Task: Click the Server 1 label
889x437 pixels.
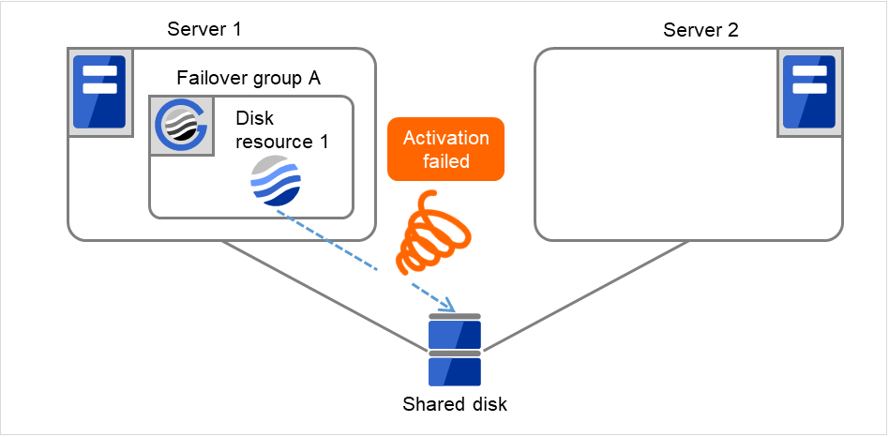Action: [x=204, y=29]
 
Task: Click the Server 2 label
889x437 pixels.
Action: [x=701, y=29]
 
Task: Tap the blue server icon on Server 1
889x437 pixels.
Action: [x=99, y=91]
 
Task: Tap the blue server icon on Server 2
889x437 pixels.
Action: [x=808, y=91]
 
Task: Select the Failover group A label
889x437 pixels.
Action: [x=249, y=78]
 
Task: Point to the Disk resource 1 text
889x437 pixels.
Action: [x=277, y=130]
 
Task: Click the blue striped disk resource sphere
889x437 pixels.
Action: [x=277, y=180]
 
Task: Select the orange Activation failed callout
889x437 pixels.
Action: [x=445, y=149]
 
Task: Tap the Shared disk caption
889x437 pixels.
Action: [x=455, y=405]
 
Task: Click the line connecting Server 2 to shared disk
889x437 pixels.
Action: [x=581, y=295]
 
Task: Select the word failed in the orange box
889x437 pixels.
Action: [x=445, y=160]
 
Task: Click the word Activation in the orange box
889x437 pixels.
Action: [x=445, y=138]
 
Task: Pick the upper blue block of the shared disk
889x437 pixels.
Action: [x=455, y=334]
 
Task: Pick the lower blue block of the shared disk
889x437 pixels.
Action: [x=455, y=370]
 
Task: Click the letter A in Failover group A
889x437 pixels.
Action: [x=314, y=78]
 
